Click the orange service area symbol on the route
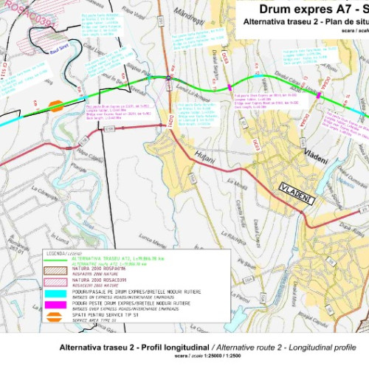pos(56,106)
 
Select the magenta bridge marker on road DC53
pos(230,88)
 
